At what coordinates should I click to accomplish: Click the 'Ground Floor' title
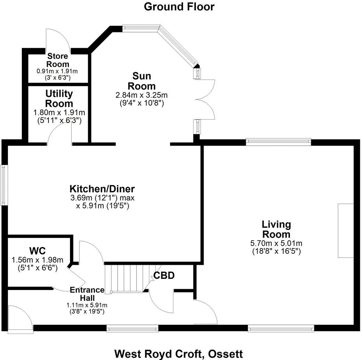coord(179,7)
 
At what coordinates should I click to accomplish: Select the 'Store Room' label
coord(58,60)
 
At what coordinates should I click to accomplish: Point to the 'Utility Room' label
coord(59,99)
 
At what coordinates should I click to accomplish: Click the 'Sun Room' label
coord(142,81)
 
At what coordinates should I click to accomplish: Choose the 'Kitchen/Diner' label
coord(102,189)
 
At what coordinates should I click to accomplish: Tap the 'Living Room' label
coord(276,229)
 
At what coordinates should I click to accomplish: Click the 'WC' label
coord(37,251)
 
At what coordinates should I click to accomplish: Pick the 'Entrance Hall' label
coord(87,294)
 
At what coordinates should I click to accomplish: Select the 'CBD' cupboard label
coord(164,276)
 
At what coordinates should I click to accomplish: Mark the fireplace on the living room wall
coord(345,230)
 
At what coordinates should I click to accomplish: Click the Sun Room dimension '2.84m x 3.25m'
coord(142,95)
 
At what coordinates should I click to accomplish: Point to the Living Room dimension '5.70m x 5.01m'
coord(276,243)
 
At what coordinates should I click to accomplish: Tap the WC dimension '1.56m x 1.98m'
coord(37,260)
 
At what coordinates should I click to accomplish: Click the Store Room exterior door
coord(58,40)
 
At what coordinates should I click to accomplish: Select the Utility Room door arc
coord(60,134)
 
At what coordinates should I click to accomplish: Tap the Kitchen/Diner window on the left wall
coord(4,185)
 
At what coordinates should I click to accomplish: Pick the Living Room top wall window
coord(278,141)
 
